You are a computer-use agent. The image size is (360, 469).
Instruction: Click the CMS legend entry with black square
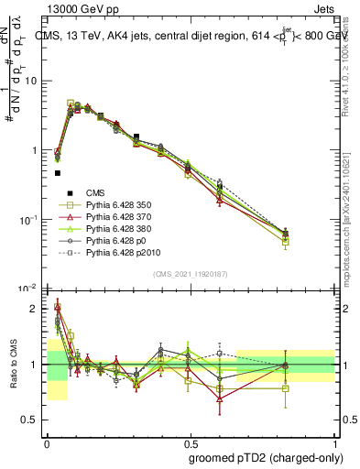(96, 193)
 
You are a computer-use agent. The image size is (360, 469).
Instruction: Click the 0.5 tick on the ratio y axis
(31, 420)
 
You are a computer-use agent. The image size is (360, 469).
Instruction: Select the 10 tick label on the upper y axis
(30, 81)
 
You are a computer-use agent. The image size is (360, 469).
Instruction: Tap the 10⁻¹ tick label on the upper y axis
(28, 220)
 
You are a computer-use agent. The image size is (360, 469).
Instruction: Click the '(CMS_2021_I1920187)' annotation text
(190, 273)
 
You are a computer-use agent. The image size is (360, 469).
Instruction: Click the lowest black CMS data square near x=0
(57, 172)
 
